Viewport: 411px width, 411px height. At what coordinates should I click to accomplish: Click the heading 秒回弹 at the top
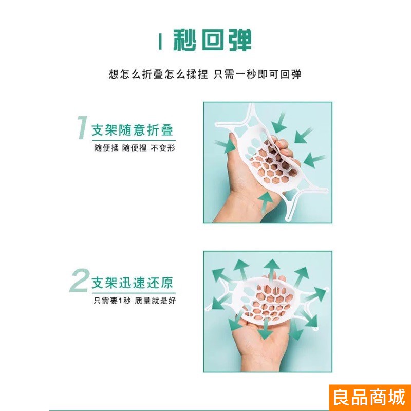[x=212, y=40]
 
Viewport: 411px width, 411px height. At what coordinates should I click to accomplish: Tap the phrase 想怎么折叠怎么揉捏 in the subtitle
[x=158, y=74]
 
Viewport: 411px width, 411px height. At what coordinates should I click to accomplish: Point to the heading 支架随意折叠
[x=132, y=130]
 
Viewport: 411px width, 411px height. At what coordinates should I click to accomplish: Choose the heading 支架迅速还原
[x=132, y=283]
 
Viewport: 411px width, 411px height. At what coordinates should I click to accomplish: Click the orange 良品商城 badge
[x=369, y=397]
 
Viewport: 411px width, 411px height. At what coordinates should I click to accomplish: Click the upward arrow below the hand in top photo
[x=266, y=202]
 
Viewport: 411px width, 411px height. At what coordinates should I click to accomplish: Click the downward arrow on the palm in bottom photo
[x=265, y=329]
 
